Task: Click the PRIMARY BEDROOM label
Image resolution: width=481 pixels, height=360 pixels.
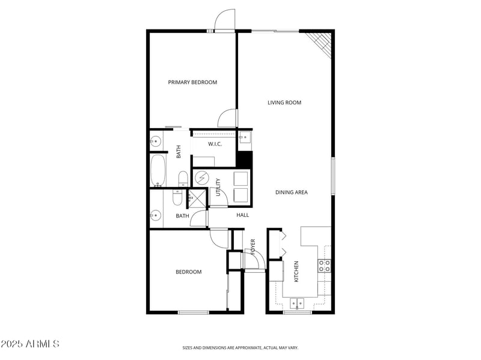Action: tap(192, 82)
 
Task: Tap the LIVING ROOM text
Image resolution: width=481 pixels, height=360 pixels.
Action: tap(284, 103)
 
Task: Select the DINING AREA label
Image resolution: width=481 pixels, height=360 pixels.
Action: tap(292, 192)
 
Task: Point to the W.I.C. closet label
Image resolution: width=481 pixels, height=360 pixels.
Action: tap(216, 144)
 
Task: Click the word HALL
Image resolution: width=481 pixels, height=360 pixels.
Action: tap(242, 215)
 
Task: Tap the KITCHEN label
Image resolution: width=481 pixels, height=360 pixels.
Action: tap(296, 272)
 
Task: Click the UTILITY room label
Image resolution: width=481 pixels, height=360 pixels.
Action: tap(218, 188)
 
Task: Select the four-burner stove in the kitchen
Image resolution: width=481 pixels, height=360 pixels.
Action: tap(325, 266)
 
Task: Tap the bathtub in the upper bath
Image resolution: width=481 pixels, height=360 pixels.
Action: tap(158, 171)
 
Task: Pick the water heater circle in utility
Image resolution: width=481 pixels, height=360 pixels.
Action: tap(201, 179)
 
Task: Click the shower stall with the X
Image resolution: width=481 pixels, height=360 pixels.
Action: tap(196, 198)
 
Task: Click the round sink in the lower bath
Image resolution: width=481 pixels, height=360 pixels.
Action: tap(156, 215)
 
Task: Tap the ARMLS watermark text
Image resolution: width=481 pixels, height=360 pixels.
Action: tap(30, 344)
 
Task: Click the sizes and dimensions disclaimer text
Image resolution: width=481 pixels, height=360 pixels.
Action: tap(240, 347)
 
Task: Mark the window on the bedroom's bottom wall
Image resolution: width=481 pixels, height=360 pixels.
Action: tap(193, 312)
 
